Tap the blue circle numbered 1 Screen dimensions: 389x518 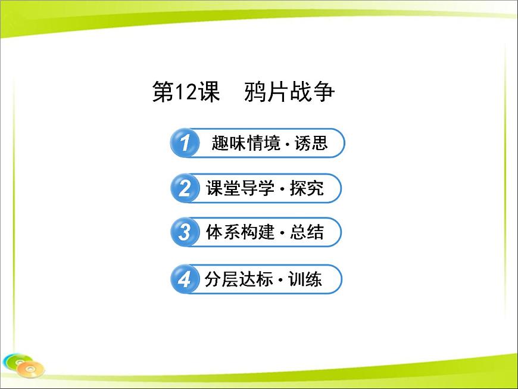pos(184,143)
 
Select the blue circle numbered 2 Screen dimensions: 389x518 pos(184,189)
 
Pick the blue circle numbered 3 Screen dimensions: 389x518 pos(184,232)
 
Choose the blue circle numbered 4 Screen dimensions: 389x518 pos(184,279)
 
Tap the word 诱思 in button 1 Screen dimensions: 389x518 pos(311,143)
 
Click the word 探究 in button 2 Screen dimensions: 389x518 pos(307,189)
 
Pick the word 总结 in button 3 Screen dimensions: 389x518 pos(307,232)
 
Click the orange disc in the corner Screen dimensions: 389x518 pos(30,369)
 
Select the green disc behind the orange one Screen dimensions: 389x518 pos(14,359)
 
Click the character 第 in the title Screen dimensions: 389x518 pos(162,92)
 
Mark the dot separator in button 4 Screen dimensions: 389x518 pos(280,280)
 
